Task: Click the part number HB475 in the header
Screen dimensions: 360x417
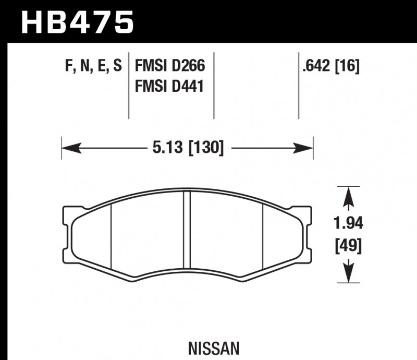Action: point(77,21)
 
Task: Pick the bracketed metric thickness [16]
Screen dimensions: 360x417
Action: point(348,66)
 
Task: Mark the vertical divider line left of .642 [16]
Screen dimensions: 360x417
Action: point(299,86)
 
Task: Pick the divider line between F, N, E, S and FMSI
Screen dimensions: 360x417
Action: point(129,86)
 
